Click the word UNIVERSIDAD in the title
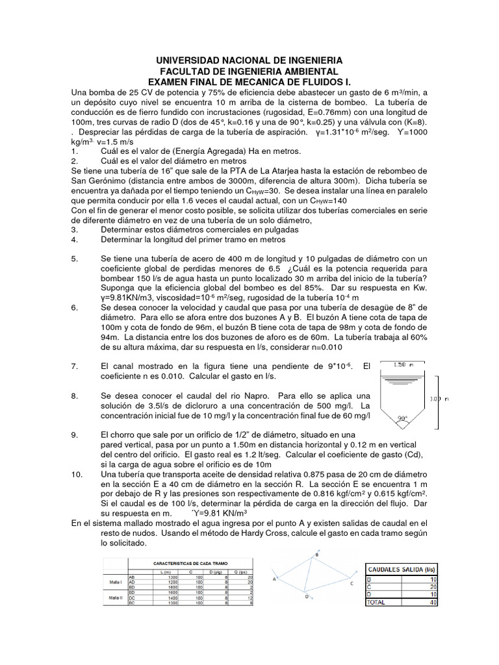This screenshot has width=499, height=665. [x=195, y=60]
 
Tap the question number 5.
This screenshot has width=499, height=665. [x=74, y=258]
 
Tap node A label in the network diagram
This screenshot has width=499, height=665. [x=275, y=577]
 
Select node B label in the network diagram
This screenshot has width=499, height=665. [x=316, y=554]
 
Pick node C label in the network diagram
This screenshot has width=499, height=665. [x=352, y=583]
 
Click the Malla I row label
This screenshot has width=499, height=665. [x=116, y=582]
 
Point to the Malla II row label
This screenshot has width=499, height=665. [x=116, y=597]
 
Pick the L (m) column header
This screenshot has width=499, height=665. [x=165, y=571]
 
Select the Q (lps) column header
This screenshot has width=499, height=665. [x=242, y=571]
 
